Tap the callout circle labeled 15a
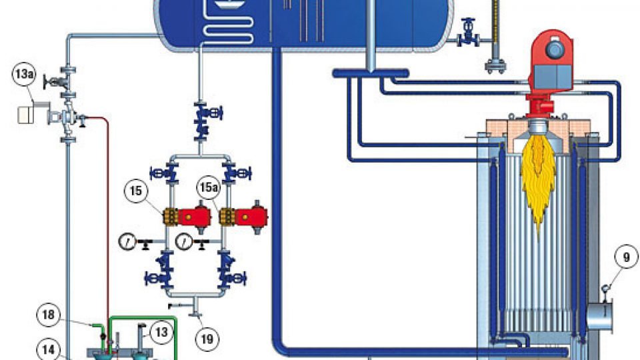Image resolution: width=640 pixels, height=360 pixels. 208,190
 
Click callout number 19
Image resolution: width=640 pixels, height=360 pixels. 208,338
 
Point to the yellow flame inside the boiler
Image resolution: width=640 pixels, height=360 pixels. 540,180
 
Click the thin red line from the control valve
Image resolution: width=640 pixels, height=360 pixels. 107,200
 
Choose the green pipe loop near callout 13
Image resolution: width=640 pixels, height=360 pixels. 175,333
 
